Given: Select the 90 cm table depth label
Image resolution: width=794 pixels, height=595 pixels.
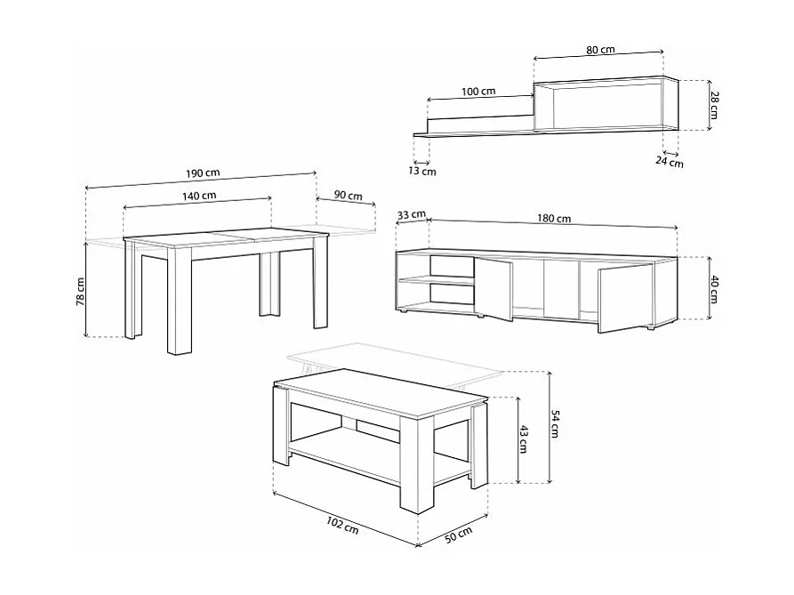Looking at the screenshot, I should click(x=347, y=196).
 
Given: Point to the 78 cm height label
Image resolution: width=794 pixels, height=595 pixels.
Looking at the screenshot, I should click(x=80, y=292).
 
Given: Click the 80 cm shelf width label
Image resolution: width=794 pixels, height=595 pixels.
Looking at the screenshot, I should click(x=600, y=50).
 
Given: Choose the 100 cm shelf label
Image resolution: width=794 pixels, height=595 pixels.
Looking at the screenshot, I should click(x=478, y=92).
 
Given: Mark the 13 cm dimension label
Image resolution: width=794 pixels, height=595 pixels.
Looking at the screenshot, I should click(x=423, y=172).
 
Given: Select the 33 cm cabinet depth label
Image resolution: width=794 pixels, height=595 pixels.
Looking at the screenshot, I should click(x=412, y=215).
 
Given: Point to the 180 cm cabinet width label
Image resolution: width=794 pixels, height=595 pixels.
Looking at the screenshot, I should click(x=554, y=218).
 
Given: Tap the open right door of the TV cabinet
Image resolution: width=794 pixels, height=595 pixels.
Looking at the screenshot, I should click(x=624, y=295).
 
